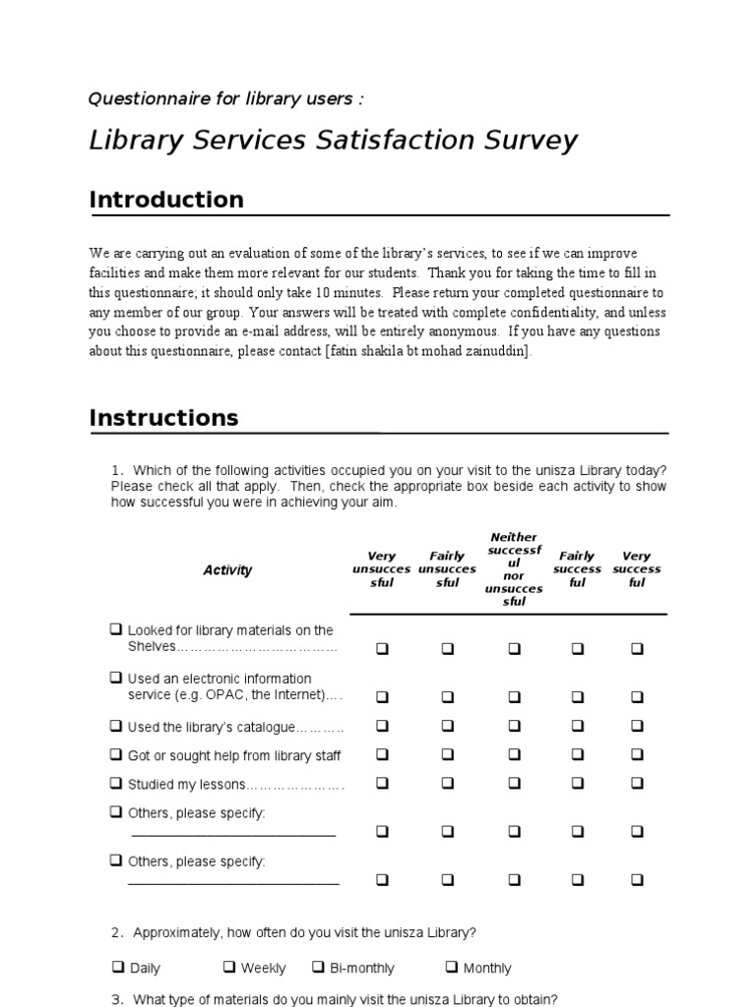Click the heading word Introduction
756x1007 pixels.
click(x=166, y=200)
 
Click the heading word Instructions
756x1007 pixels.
click(x=163, y=418)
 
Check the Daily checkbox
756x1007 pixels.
click(x=117, y=967)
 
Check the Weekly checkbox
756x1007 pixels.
click(x=228, y=967)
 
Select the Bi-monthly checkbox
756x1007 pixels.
click(x=319, y=967)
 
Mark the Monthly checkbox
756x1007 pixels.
click(x=451, y=967)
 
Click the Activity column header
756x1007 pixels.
click(x=227, y=570)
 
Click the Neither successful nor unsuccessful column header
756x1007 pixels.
click(x=514, y=569)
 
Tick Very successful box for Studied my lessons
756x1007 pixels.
click(x=637, y=784)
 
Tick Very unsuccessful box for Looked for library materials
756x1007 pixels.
click(x=382, y=648)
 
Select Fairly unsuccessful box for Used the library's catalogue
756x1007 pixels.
click(x=448, y=726)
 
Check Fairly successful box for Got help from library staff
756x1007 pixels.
click(x=578, y=754)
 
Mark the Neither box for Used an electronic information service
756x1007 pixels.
click(x=514, y=696)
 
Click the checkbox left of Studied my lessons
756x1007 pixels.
click(x=116, y=784)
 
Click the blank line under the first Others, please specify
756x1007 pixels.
click(x=233, y=835)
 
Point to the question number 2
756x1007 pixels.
click(x=116, y=932)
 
